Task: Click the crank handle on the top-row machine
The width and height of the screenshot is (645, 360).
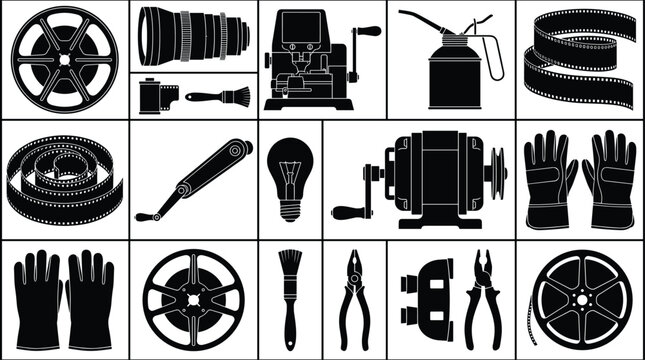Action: pos(370,32)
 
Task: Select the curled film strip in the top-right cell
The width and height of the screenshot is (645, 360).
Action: pos(580,58)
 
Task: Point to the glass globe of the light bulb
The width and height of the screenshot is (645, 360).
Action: pos(289,165)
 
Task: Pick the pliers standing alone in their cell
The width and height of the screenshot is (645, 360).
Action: pos(354,298)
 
